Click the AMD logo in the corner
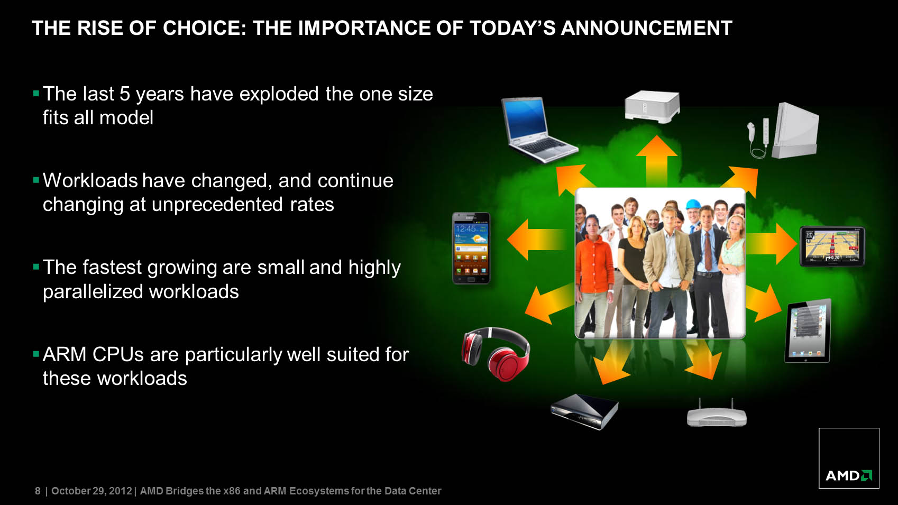849,475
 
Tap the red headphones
496,353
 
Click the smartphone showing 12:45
471,248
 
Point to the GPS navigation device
832,246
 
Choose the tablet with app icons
808,330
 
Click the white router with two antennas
717,413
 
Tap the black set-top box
584,411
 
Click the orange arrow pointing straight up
656,160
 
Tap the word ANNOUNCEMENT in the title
646,28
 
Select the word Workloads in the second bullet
90,180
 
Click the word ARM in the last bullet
64,354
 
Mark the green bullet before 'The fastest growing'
36,267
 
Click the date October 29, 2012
91,491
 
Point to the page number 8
38,491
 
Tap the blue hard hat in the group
692,204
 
